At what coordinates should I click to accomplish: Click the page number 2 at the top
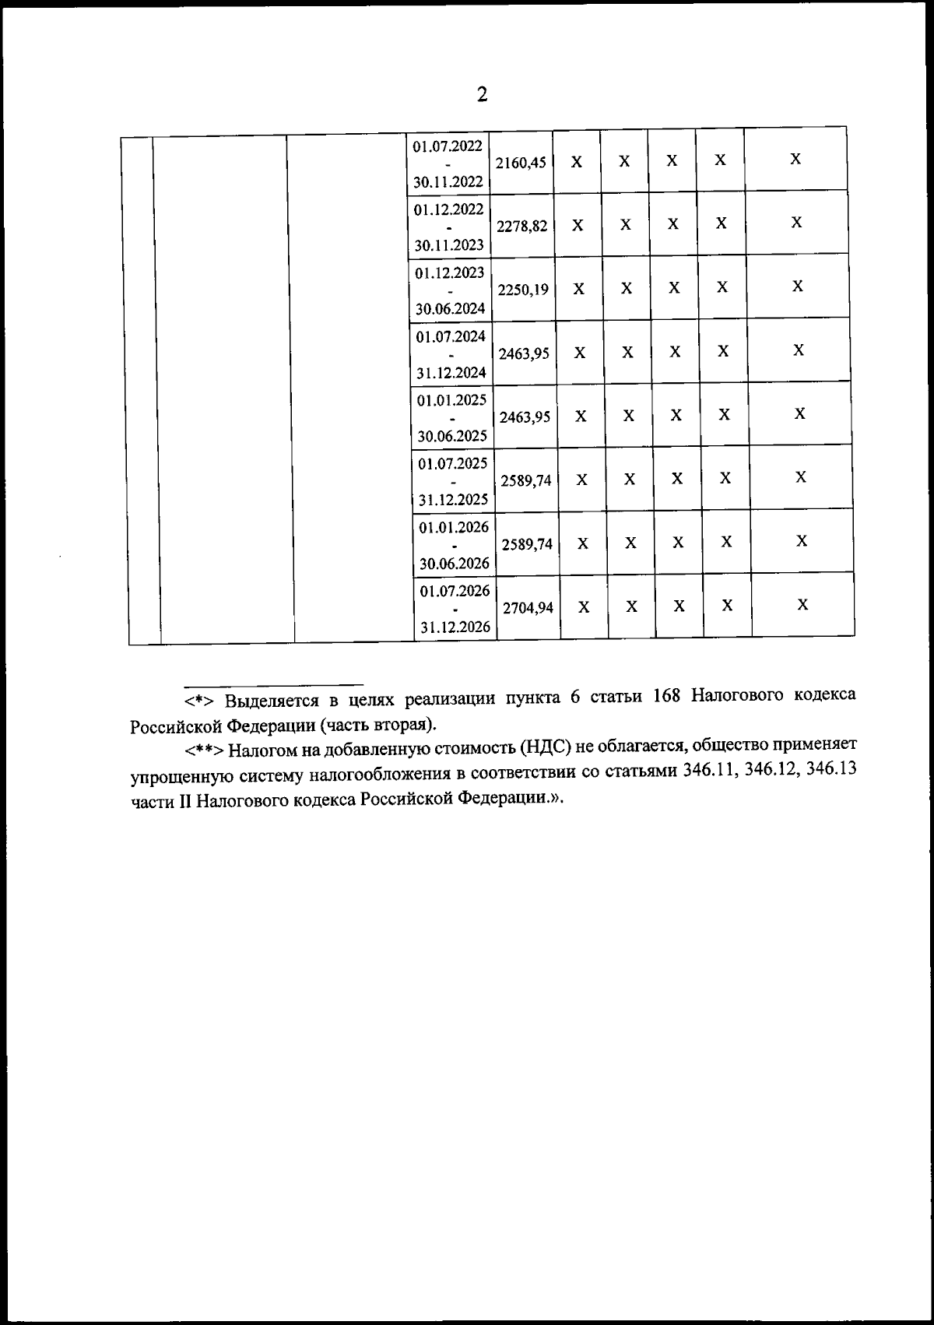482,96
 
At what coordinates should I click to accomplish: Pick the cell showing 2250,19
524,290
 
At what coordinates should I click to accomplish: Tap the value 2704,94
528,608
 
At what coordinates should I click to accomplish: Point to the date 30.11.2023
449,245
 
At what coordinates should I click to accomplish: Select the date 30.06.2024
450,308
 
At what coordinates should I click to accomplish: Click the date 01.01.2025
451,400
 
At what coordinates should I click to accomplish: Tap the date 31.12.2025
452,500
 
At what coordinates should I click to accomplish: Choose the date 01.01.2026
454,527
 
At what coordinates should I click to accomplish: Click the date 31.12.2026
455,627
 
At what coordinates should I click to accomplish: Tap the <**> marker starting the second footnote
205,750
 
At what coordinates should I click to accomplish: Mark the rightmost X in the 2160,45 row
795,160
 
